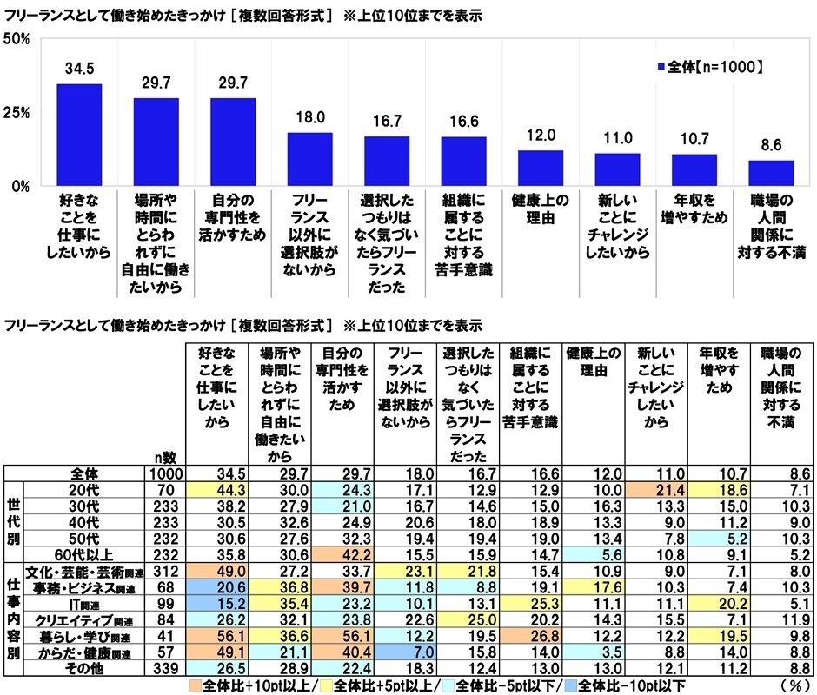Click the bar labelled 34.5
(x=79, y=135)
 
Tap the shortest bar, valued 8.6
(x=771, y=173)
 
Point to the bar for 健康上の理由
(x=540, y=168)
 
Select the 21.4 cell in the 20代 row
(x=657, y=490)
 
